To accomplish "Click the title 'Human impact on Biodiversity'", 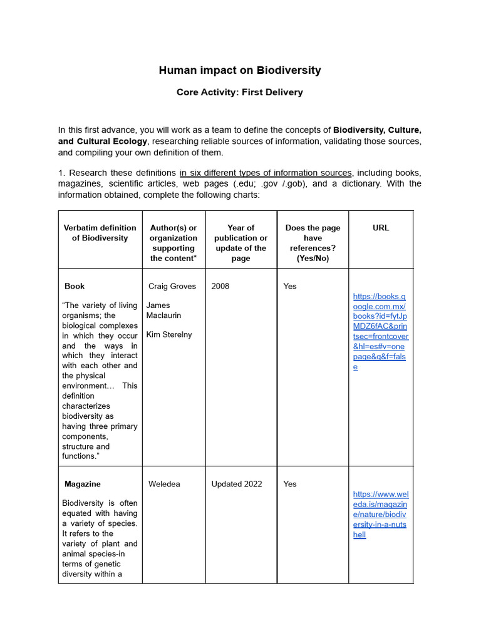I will pyautogui.click(x=240, y=70).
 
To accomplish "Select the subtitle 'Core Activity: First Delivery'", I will pyautogui.click(x=240, y=92).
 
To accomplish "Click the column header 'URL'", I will pyautogui.click(x=380, y=228).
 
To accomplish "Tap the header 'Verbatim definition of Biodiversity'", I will pyautogui.click(x=100, y=233).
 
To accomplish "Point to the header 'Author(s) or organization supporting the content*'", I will pyautogui.click(x=173, y=243).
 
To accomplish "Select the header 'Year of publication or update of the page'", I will pyautogui.click(x=240, y=243).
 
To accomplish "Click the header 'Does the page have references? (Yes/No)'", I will pyautogui.click(x=313, y=243).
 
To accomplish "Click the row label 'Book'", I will pyautogui.click(x=75, y=286).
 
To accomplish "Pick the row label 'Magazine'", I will pyautogui.click(x=82, y=484).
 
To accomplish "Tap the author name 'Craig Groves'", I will pyautogui.click(x=172, y=286).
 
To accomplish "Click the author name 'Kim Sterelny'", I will pyautogui.click(x=169, y=334).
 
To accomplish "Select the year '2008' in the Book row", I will pyautogui.click(x=220, y=286).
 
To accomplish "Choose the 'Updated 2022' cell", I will pyautogui.click(x=236, y=484).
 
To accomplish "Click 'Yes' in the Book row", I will pyautogui.click(x=290, y=286).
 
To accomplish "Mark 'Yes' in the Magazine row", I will pyautogui.click(x=290, y=484).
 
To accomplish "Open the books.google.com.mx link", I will pyautogui.click(x=380, y=331).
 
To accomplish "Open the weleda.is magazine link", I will pyautogui.click(x=380, y=515).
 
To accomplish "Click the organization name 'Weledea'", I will pyautogui.click(x=164, y=484).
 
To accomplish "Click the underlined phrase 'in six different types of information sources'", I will pyautogui.click(x=266, y=173).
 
